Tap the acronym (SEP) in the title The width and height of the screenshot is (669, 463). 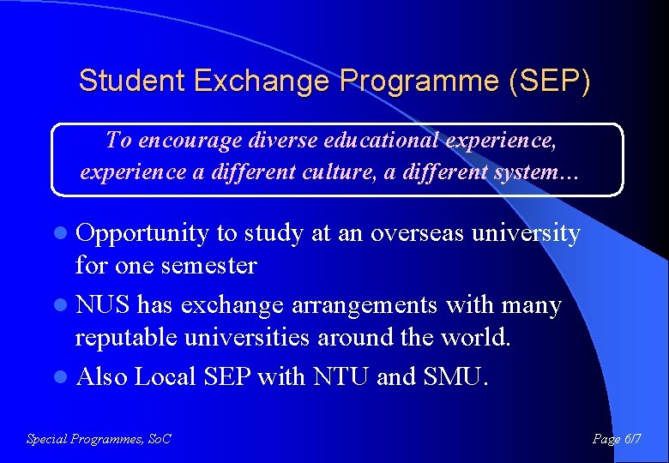(549, 81)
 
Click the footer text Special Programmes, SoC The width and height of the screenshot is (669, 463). (99, 439)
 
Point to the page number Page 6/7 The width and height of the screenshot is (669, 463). (617, 439)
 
